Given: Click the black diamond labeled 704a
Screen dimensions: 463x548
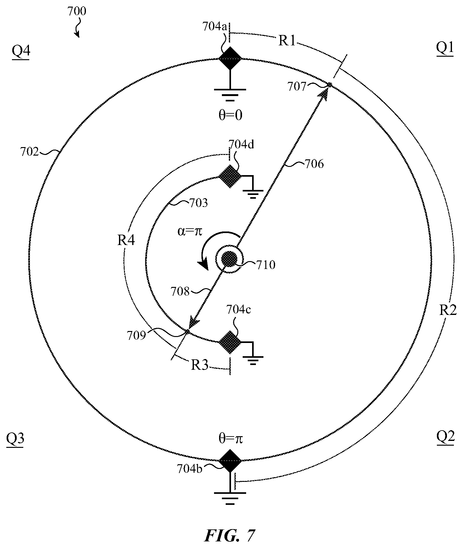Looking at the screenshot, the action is [x=230, y=58].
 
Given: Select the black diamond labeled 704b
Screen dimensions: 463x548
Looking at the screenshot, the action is [x=230, y=460].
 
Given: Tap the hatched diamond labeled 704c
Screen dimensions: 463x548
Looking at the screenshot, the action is [x=230, y=342].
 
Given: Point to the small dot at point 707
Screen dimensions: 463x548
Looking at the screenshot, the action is [x=330, y=85].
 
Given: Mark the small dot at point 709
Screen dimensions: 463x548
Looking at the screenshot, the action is [x=187, y=331].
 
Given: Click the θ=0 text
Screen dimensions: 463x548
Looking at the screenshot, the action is [x=230, y=115].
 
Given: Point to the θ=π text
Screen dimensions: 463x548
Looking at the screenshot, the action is [x=230, y=438].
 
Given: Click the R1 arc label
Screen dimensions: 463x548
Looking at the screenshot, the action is [x=287, y=41].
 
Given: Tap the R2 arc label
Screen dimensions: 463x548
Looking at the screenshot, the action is [x=448, y=310].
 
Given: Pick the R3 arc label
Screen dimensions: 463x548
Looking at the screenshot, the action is [x=200, y=365].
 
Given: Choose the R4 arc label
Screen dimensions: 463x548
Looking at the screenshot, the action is [x=126, y=241].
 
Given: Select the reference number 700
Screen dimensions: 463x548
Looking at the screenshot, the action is [x=77, y=12].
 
